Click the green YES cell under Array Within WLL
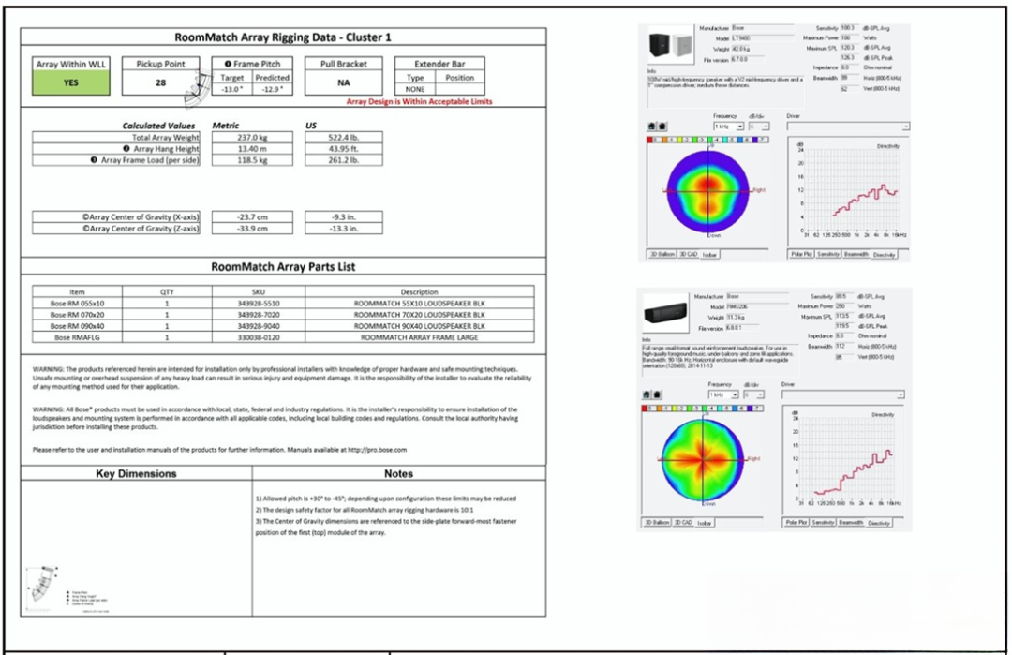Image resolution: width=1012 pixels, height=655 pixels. tap(71, 82)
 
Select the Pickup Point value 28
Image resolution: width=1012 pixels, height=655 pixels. tap(161, 82)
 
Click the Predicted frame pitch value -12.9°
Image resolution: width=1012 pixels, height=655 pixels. tap(273, 88)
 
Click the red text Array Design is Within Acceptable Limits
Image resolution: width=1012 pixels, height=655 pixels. tap(419, 101)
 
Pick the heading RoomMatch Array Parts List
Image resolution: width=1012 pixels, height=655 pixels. tap(283, 267)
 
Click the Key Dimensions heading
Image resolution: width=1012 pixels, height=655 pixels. tap(137, 473)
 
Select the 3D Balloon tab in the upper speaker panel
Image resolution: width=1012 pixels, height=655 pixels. tap(662, 254)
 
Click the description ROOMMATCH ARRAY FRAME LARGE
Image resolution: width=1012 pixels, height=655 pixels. tap(419, 336)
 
